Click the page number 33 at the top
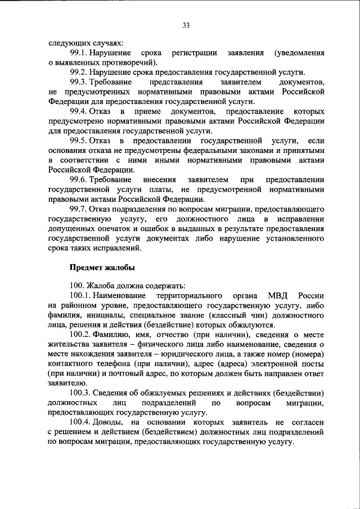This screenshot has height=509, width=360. [x=186, y=24]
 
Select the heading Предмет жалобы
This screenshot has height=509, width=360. [x=102, y=268]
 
